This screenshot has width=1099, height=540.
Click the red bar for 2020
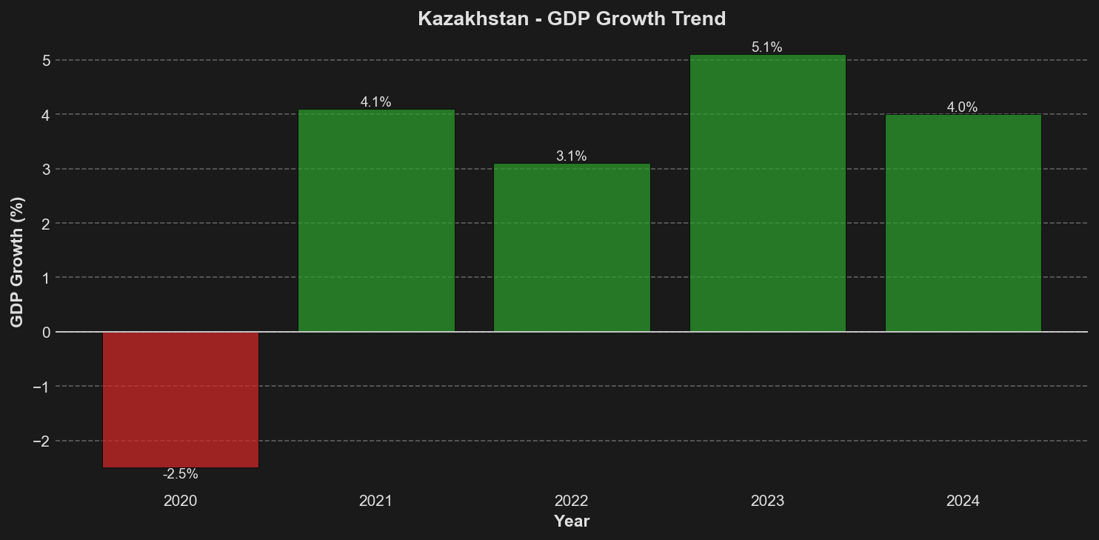tap(180, 399)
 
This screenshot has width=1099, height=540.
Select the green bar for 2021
tap(376, 221)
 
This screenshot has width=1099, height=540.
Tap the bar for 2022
tap(572, 247)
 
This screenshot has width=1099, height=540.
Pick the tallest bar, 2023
tap(767, 193)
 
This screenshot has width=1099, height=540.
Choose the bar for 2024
tap(963, 223)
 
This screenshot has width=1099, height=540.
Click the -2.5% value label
tap(180, 474)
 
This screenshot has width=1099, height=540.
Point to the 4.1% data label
tap(376, 102)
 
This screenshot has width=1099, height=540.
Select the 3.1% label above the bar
tap(572, 156)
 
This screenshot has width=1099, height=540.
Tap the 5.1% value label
tap(767, 47)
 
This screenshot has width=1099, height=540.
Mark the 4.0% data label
tap(963, 107)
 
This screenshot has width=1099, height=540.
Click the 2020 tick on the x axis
tap(180, 501)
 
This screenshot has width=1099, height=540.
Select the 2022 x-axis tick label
tap(572, 501)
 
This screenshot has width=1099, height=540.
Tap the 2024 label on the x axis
tap(963, 501)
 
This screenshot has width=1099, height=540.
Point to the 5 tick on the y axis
tap(45, 60)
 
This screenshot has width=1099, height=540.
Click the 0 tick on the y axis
tap(45, 332)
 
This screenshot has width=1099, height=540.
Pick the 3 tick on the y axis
tap(45, 169)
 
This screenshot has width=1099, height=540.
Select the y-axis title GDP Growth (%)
tap(17, 261)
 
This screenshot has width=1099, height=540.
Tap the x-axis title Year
tap(572, 521)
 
